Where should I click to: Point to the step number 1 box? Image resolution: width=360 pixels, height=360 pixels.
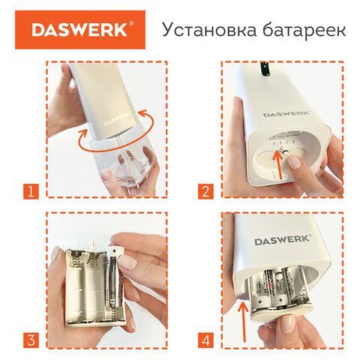(29, 191)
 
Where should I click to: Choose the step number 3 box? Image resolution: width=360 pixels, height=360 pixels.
(29, 338)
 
